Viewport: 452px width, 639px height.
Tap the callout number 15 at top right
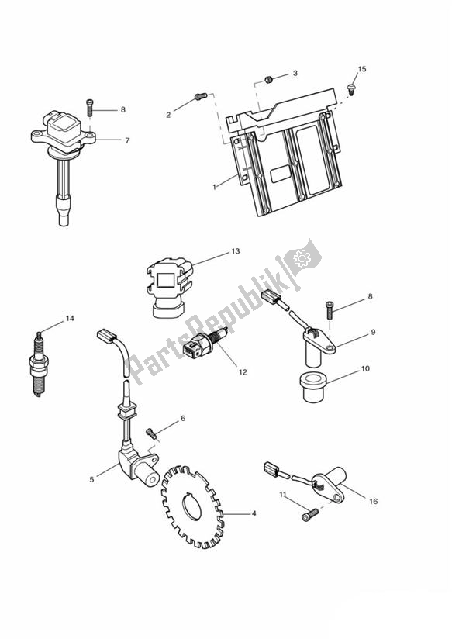361,69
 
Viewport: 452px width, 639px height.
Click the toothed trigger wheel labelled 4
194,511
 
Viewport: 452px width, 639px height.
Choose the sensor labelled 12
200,348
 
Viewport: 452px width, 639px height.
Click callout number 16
373,501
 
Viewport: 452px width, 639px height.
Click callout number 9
373,333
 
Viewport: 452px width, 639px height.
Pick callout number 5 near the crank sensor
92,480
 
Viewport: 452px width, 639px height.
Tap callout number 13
236,251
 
